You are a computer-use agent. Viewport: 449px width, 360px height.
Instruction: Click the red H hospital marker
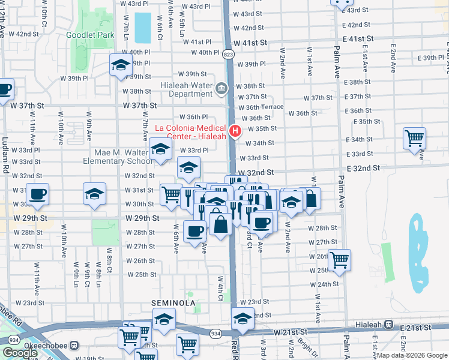235,130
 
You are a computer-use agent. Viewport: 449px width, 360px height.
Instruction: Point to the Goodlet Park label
90,35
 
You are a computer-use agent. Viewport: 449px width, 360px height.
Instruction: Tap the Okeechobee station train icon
74,346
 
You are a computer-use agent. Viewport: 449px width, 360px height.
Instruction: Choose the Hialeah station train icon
389,325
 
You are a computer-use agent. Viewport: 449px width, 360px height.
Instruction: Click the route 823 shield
229,54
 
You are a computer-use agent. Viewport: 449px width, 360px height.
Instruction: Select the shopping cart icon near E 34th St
414,139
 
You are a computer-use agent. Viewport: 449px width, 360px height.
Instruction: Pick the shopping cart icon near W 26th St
339,259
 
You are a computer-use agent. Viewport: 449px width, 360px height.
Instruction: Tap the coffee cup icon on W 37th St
4,89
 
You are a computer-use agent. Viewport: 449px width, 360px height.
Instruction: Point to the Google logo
20,353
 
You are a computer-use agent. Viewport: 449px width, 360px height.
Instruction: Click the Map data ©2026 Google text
412,355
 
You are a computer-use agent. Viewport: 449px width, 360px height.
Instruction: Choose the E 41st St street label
358,38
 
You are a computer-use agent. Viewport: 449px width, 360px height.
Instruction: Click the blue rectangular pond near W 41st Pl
143,28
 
